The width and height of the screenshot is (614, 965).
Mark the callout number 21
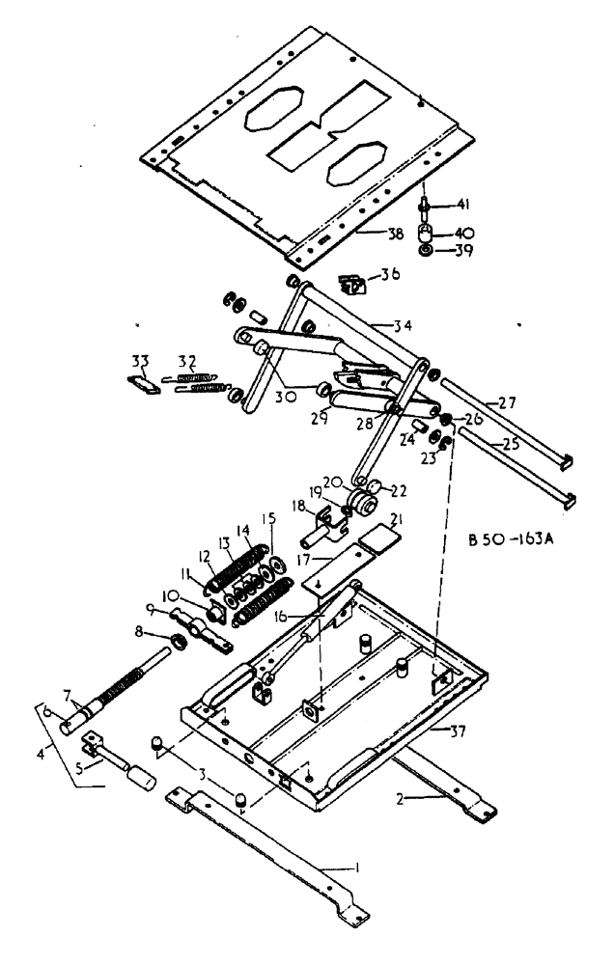(x=399, y=522)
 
